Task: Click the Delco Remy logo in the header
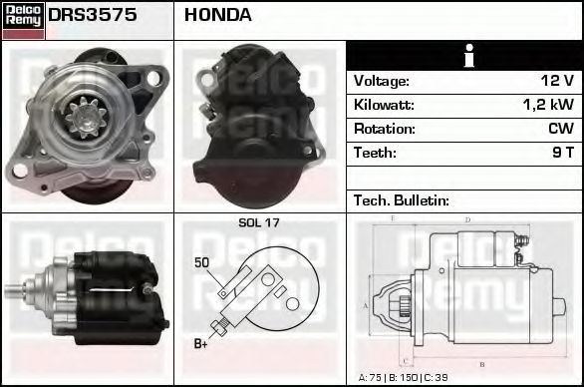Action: click(23, 21)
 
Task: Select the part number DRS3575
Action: click(93, 15)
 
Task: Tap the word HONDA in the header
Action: click(218, 15)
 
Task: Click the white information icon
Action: click(469, 56)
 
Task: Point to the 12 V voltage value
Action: click(557, 81)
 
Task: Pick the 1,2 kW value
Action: click(548, 105)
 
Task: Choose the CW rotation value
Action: click(561, 129)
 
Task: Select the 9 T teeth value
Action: click(563, 153)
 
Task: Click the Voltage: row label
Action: click(382, 81)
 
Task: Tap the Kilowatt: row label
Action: click(384, 105)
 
